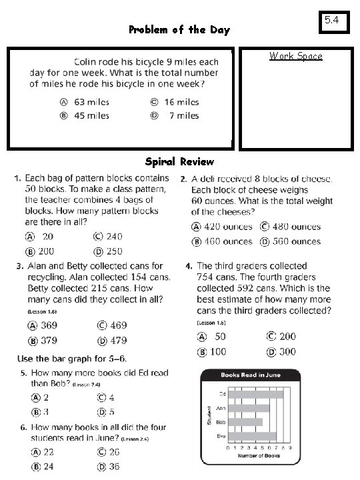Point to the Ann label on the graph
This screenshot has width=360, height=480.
point(220,408)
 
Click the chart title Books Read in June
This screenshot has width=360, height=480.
point(250,375)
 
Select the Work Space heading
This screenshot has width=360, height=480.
point(295,56)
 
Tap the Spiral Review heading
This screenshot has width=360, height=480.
point(179,161)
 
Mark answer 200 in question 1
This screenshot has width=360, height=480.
point(47,251)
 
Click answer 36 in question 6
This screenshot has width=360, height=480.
point(114,467)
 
